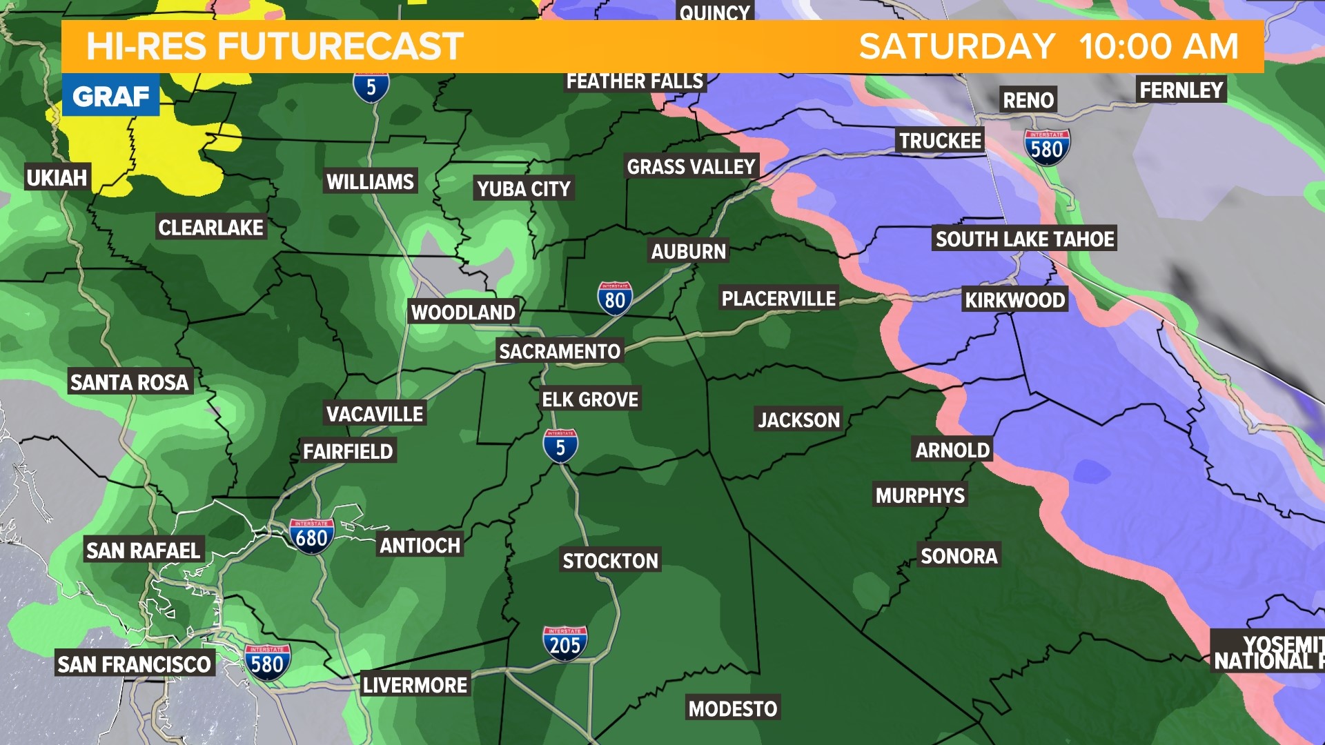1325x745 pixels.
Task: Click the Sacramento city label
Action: pyautogui.click(x=559, y=352)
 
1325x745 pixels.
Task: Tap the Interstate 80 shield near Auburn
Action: pyautogui.click(x=614, y=299)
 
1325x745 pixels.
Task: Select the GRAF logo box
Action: pyautogui.click(x=110, y=97)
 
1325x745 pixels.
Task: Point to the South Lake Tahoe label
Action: pyautogui.click(x=1024, y=239)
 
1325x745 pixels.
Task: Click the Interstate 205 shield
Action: pyautogui.click(x=565, y=644)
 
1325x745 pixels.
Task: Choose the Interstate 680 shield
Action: pyautogui.click(x=311, y=536)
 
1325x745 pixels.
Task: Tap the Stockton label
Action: pyautogui.click(x=610, y=561)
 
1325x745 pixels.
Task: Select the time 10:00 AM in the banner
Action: pyautogui.click(x=1159, y=47)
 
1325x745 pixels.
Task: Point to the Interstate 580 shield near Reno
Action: pyautogui.click(x=1046, y=148)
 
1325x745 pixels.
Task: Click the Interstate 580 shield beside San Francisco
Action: pyautogui.click(x=266, y=662)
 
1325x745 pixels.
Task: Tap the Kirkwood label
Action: pyautogui.click(x=1014, y=300)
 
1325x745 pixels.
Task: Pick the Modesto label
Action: pyautogui.click(x=732, y=708)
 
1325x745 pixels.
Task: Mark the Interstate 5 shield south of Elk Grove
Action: pyautogui.click(x=560, y=446)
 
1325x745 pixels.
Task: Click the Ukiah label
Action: pyautogui.click(x=57, y=178)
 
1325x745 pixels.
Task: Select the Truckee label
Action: pyautogui.click(x=940, y=141)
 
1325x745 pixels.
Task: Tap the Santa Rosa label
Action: pyautogui.click(x=129, y=382)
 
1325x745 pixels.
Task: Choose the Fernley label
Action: pyautogui.click(x=1181, y=90)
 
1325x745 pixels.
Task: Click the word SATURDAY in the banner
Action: pyautogui.click(x=956, y=47)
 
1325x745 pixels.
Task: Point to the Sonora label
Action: pyautogui.click(x=959, y=556)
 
